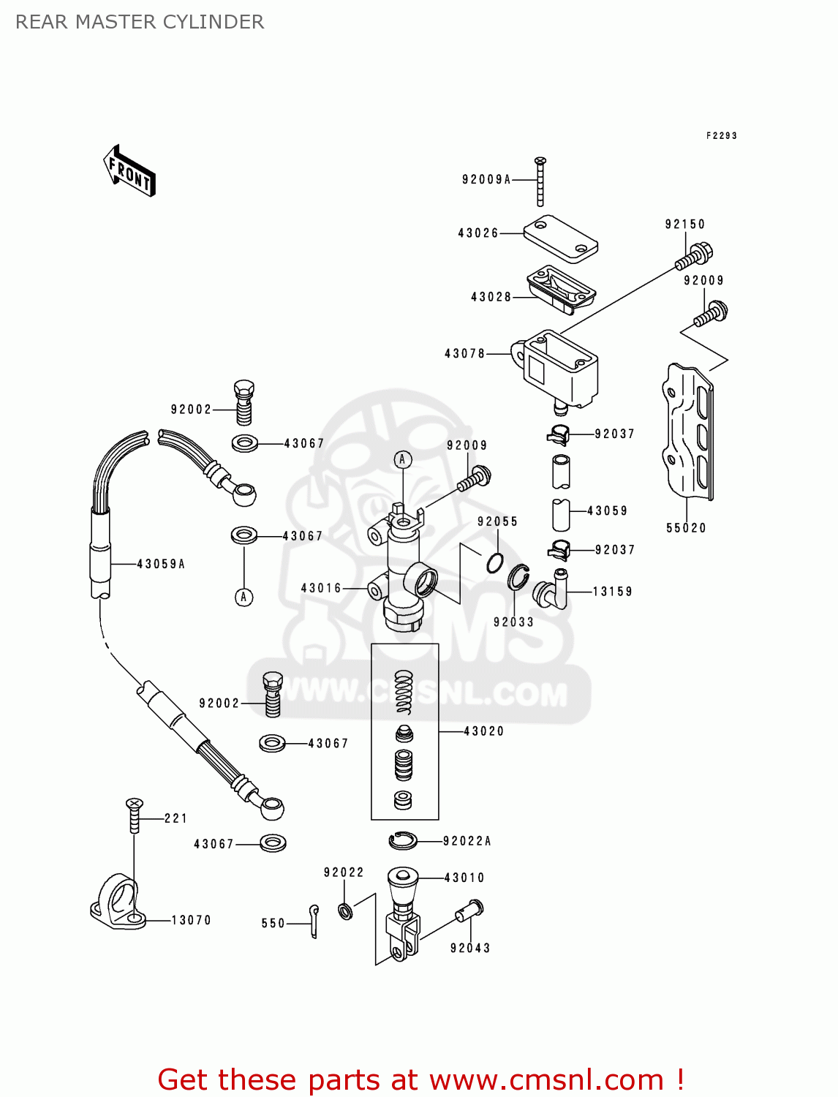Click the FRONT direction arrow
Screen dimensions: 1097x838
(130, 171)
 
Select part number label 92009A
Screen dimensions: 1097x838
(486, 179)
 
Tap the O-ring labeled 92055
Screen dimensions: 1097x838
(495, 563)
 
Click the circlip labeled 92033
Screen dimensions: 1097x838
(518, 577)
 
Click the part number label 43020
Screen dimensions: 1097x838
(484, 731)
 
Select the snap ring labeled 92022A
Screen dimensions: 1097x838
(403, 841)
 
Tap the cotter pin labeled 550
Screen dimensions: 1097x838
(314, 920)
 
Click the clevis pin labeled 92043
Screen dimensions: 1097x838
(469, 912)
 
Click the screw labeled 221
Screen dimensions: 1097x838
(134, 815)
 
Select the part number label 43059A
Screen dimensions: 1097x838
(161, 564)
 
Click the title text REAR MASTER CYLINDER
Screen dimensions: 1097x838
(140, 22)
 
